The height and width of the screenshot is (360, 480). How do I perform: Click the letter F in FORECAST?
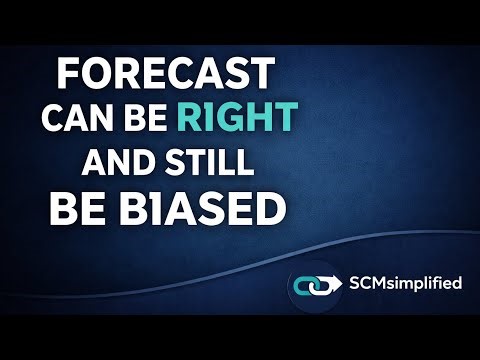coord(66,74)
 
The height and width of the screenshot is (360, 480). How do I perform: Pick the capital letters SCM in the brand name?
coord(367,283)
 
